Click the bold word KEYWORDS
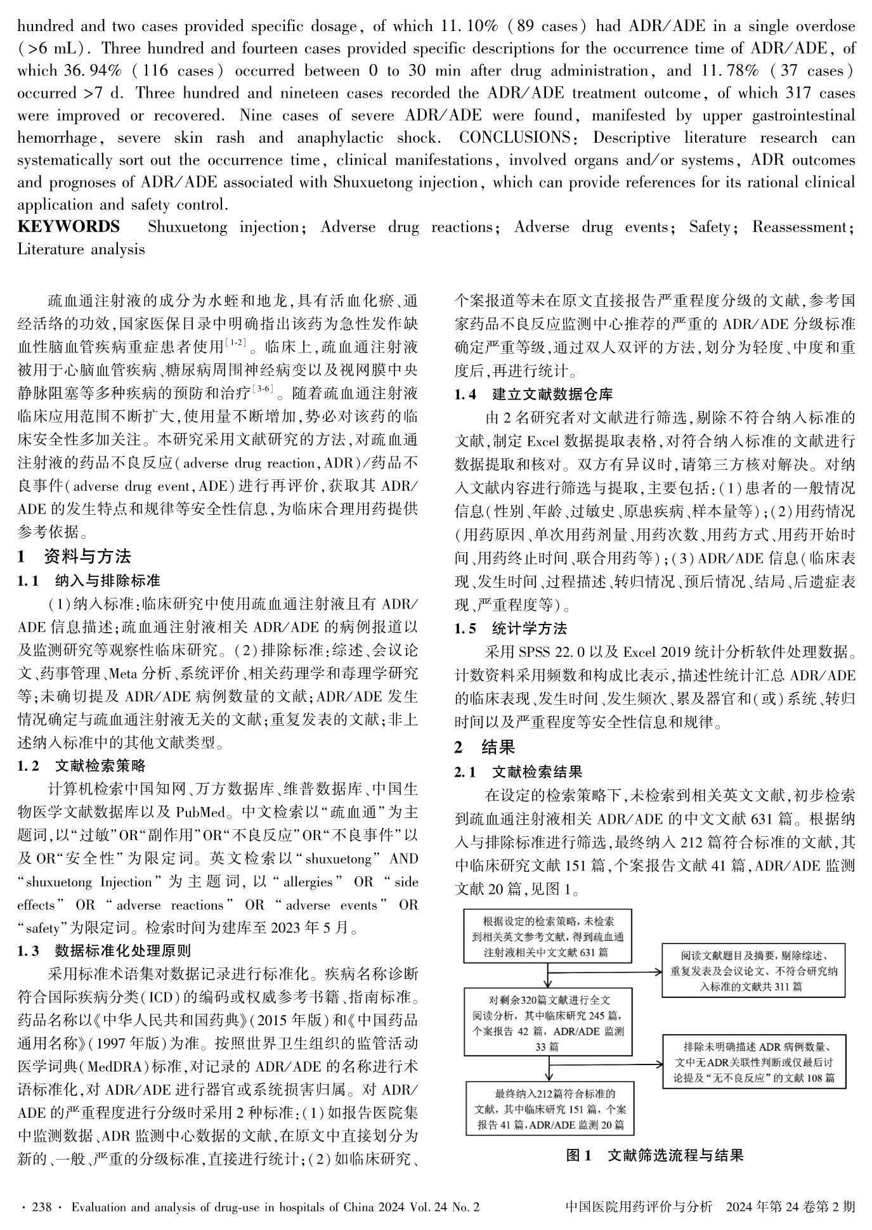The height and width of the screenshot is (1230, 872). click(x=68, y=227)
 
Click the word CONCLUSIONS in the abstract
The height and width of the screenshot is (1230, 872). click(x=514, y=138)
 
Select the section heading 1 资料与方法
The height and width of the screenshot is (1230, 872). click(x=74, y=557)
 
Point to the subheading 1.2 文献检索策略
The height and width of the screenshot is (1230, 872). click(x=81, y=766)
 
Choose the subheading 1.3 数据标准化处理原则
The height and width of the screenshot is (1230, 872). click(x=104, y=950)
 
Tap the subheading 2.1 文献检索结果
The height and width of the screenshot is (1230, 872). click(x=518, y=772)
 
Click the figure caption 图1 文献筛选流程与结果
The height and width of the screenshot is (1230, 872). click(x=654, y=1155)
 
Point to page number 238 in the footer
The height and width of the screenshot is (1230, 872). click(x=42, y=1207)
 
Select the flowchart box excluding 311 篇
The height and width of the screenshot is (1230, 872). click(x=753, y=971)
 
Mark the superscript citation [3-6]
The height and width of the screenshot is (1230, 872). click(x=262, y=389)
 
